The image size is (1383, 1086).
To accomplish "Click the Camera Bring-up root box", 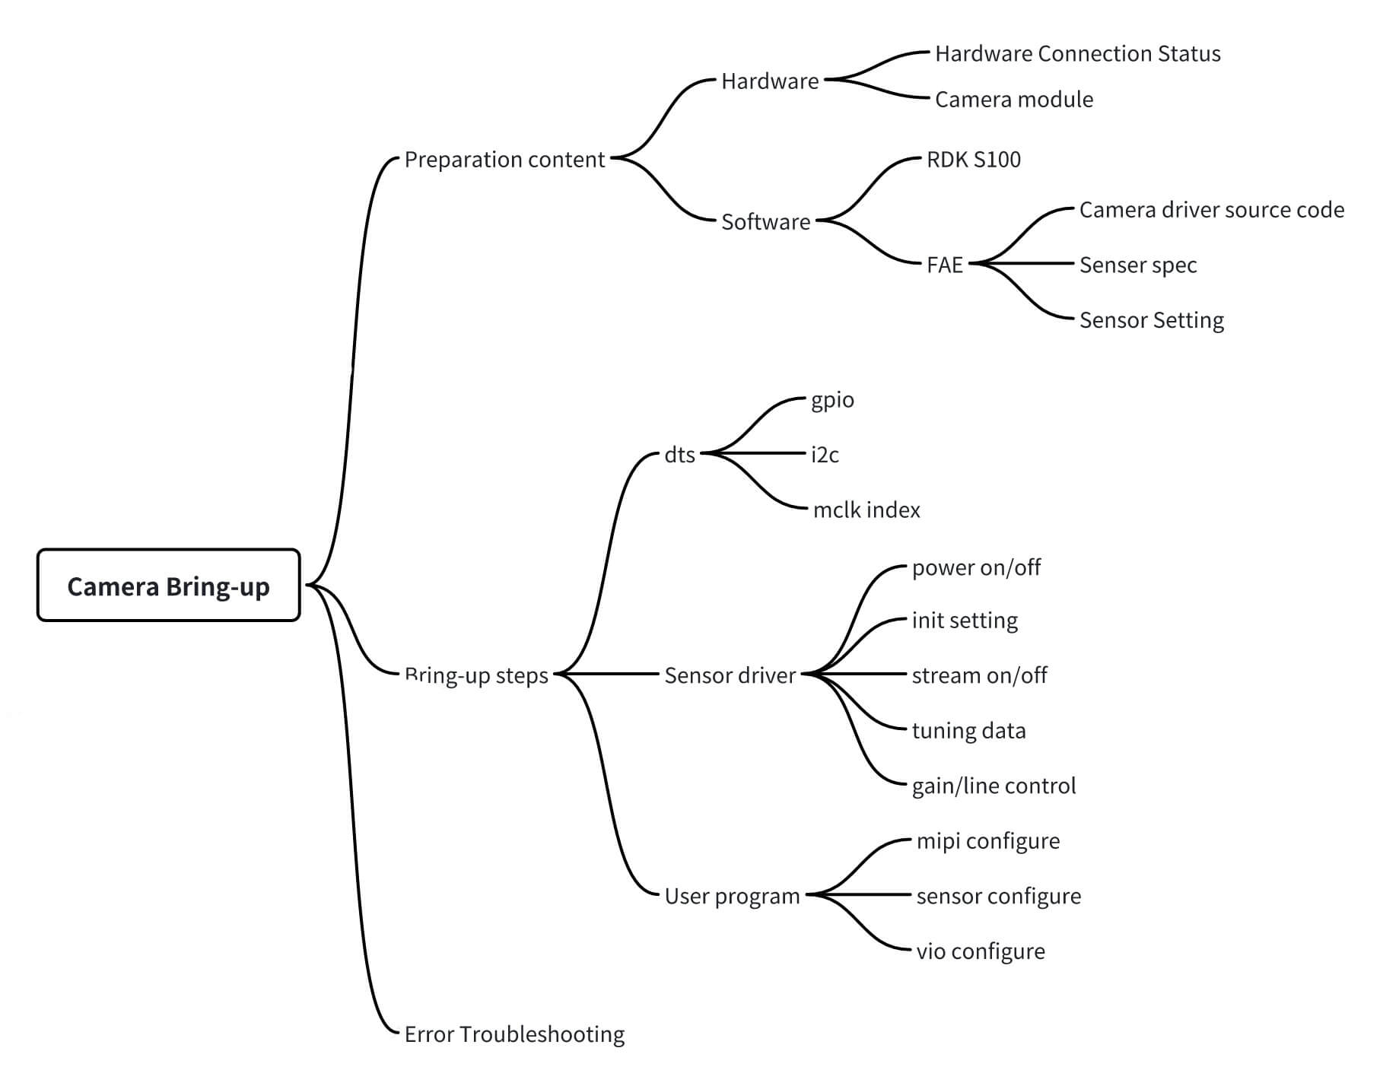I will (x=168, y=586).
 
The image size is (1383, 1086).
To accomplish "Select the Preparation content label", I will (x=504, y=160).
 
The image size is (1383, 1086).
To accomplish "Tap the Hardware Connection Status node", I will (x=1077, y=54).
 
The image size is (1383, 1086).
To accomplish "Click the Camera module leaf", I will (x=1013, y=100).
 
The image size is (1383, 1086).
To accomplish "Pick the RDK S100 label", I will (x=973, y=160).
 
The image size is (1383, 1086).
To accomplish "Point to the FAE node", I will (x=944, y=265).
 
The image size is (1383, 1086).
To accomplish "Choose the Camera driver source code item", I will (x=1211, y=210).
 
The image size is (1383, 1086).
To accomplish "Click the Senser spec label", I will (x=1137, y=265).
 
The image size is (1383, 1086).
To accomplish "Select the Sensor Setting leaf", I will (x=1151, y=320).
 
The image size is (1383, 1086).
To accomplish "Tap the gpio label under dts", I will (x=832, y=400).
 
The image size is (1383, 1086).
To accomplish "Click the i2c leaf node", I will (x=825, y=455).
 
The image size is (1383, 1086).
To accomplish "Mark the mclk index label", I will (x=866, y=510).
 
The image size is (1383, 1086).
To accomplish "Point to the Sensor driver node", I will (x=730, y=675).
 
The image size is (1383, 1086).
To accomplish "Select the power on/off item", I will (x=976, y=567).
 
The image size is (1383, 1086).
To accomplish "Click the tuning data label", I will (x=968, y=731).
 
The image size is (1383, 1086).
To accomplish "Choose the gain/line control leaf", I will (x=994, y=786).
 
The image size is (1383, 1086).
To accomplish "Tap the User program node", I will (x=732, y=896).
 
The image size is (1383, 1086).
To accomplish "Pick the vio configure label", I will (x=980, y=951).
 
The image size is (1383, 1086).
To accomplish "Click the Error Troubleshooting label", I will (x=514, y=1034).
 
